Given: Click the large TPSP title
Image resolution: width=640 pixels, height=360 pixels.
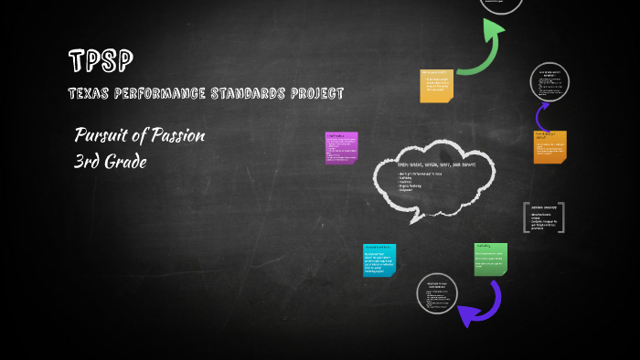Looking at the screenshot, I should [x=101, y=61].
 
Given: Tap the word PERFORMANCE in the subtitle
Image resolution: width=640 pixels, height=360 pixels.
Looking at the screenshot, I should [x=155, y=94].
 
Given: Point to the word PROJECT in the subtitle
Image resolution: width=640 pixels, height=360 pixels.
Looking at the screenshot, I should [x=315, y=94].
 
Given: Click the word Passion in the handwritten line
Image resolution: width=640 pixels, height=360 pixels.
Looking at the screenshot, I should [x=173, y=136].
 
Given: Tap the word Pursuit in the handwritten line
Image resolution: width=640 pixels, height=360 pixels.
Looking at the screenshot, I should [x=98, y=136].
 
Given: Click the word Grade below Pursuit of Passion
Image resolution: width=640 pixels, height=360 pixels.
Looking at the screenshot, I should [x=127, y=163].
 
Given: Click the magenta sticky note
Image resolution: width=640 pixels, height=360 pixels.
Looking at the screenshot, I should [x=340, y=147].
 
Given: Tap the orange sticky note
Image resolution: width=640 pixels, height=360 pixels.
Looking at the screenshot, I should [x=549, y=146].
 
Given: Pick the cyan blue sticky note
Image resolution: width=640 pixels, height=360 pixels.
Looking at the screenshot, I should [x=379, y=259].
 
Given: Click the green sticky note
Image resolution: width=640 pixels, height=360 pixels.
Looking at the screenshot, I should [x=490, y=259].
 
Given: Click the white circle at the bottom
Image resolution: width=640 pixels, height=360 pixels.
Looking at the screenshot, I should [x=436, y=294].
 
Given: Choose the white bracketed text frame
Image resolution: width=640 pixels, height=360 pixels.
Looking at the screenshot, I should [x=543, y=218].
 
